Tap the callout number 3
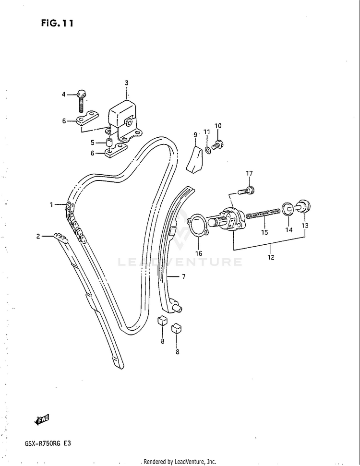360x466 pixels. coord(127,83)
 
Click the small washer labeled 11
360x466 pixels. coord(207,150)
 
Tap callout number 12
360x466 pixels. coord(271,257)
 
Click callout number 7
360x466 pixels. coord(183,277)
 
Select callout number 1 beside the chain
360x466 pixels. coord(51,205)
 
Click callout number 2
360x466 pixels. coord(38,236)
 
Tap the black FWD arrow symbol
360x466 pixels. coord(42,419)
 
